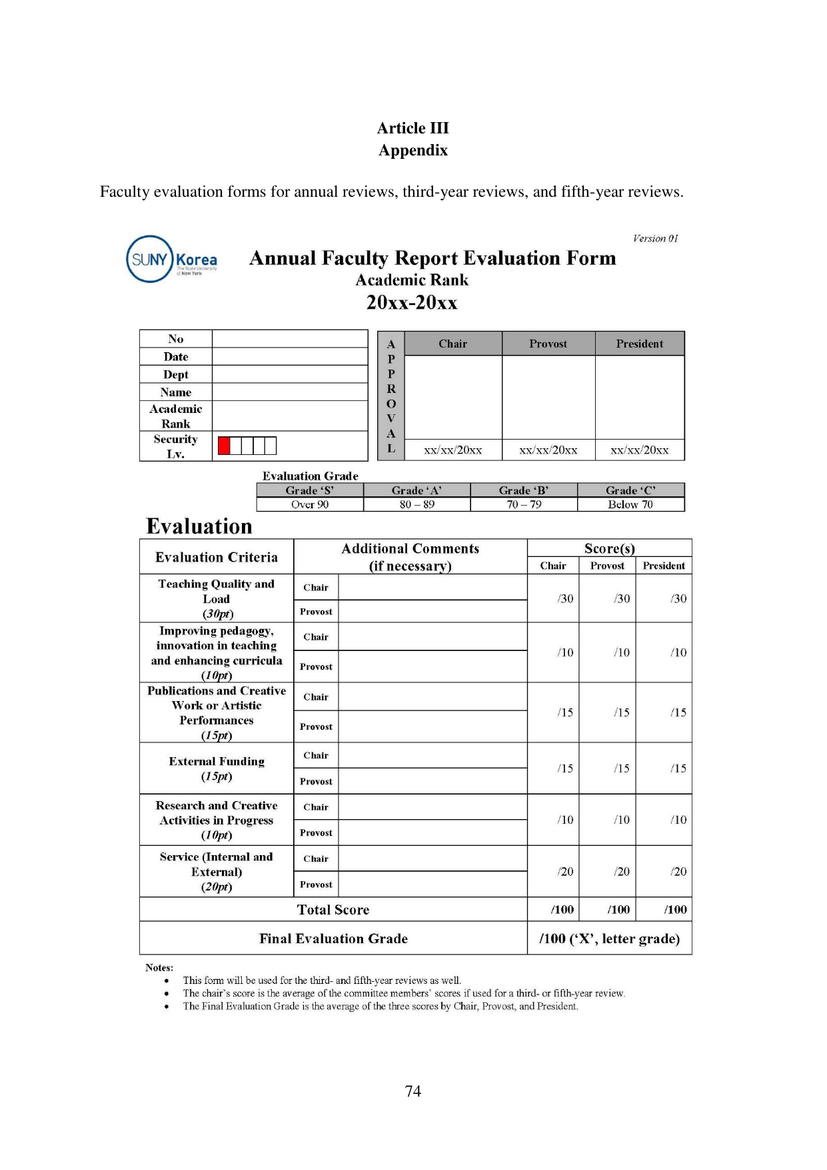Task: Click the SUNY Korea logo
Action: (x=171, y=259)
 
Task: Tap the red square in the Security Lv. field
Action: (x=224, y=446)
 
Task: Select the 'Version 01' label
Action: (x=655, y=238)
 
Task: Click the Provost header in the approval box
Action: (x=548, y=344)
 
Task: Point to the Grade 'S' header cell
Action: (x=310, y=490)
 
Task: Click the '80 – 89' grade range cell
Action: (x=416, y=505)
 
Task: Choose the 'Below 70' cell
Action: (x=630, y=505)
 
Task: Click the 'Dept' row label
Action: (x=176, y=375)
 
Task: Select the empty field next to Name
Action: (x=290, y=392)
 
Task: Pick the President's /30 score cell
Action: (x=678, y=599)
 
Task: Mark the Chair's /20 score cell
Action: (x=565, y=872)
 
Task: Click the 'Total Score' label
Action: (x=333, y=910)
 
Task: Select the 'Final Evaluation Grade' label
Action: (x=333, y=939)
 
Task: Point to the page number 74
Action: (x=413, y=1091)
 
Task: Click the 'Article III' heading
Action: (x=413, y=128)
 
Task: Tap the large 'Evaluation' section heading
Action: (x=199, y=526)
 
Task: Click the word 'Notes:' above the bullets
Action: (x=159, y=967)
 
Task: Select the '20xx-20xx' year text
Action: (x=412, y=303)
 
